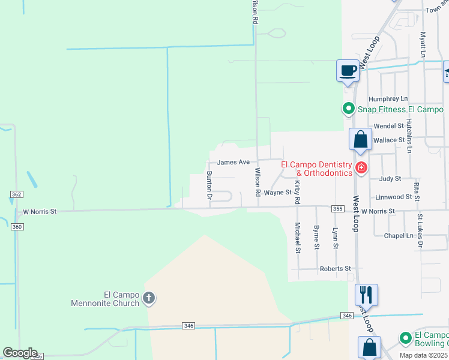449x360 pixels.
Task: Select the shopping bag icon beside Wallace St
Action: [360, 140]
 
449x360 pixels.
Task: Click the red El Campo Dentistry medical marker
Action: [361, 167]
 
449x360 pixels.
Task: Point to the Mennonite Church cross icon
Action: [149, 298]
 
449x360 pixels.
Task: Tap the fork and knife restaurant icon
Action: [366, 295]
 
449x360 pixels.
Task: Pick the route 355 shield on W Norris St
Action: [337, 208]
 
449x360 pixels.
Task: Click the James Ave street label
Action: [233, 162]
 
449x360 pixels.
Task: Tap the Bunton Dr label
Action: [209, 185]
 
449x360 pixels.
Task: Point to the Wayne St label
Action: [277, 193]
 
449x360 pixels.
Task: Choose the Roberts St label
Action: [335, 269]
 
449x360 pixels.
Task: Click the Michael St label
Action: [297, 238]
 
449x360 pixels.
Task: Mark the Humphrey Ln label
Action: [388, 98]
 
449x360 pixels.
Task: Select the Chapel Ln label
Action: [399, 235]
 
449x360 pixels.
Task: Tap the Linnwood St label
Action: [393, 197]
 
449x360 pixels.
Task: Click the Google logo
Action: [20, 353]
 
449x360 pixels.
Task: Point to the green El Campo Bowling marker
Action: [406, 339]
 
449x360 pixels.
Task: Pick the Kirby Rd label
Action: [297, 191]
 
